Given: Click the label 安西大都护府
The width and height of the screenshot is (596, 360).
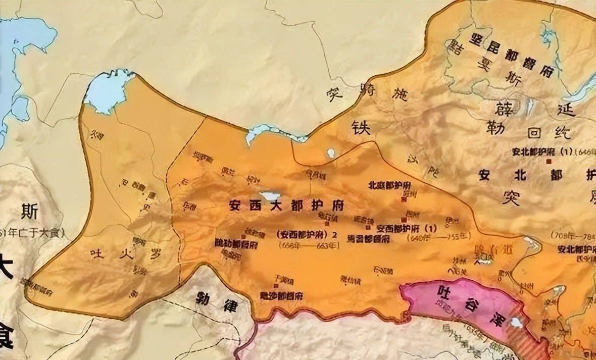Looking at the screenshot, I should [286, 207].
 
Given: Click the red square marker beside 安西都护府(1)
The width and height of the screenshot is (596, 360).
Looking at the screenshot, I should [403, 219].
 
